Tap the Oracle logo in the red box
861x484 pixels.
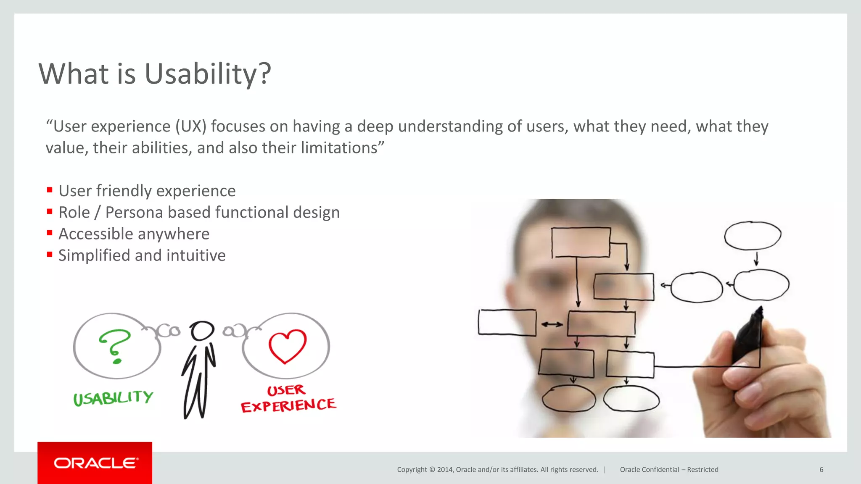point(95,463)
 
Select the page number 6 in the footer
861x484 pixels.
point(821,470)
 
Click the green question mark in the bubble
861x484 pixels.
point(115,345)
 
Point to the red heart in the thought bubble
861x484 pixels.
point(288,345)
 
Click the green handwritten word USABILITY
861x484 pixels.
point(113,397)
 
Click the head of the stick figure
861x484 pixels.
point(202,331)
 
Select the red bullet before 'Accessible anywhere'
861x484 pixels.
point(50,233)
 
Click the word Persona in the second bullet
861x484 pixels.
point(134,213)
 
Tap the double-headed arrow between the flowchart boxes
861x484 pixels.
point(552,324)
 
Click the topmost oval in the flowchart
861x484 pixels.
point(752,235)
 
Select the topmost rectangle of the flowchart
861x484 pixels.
point(581,242)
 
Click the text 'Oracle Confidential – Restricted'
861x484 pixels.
point(669,470)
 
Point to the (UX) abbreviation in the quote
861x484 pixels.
point(191,126)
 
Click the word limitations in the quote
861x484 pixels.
point(339,148)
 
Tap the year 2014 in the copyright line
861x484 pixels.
point(444,470)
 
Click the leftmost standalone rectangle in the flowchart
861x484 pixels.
point(507,322)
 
